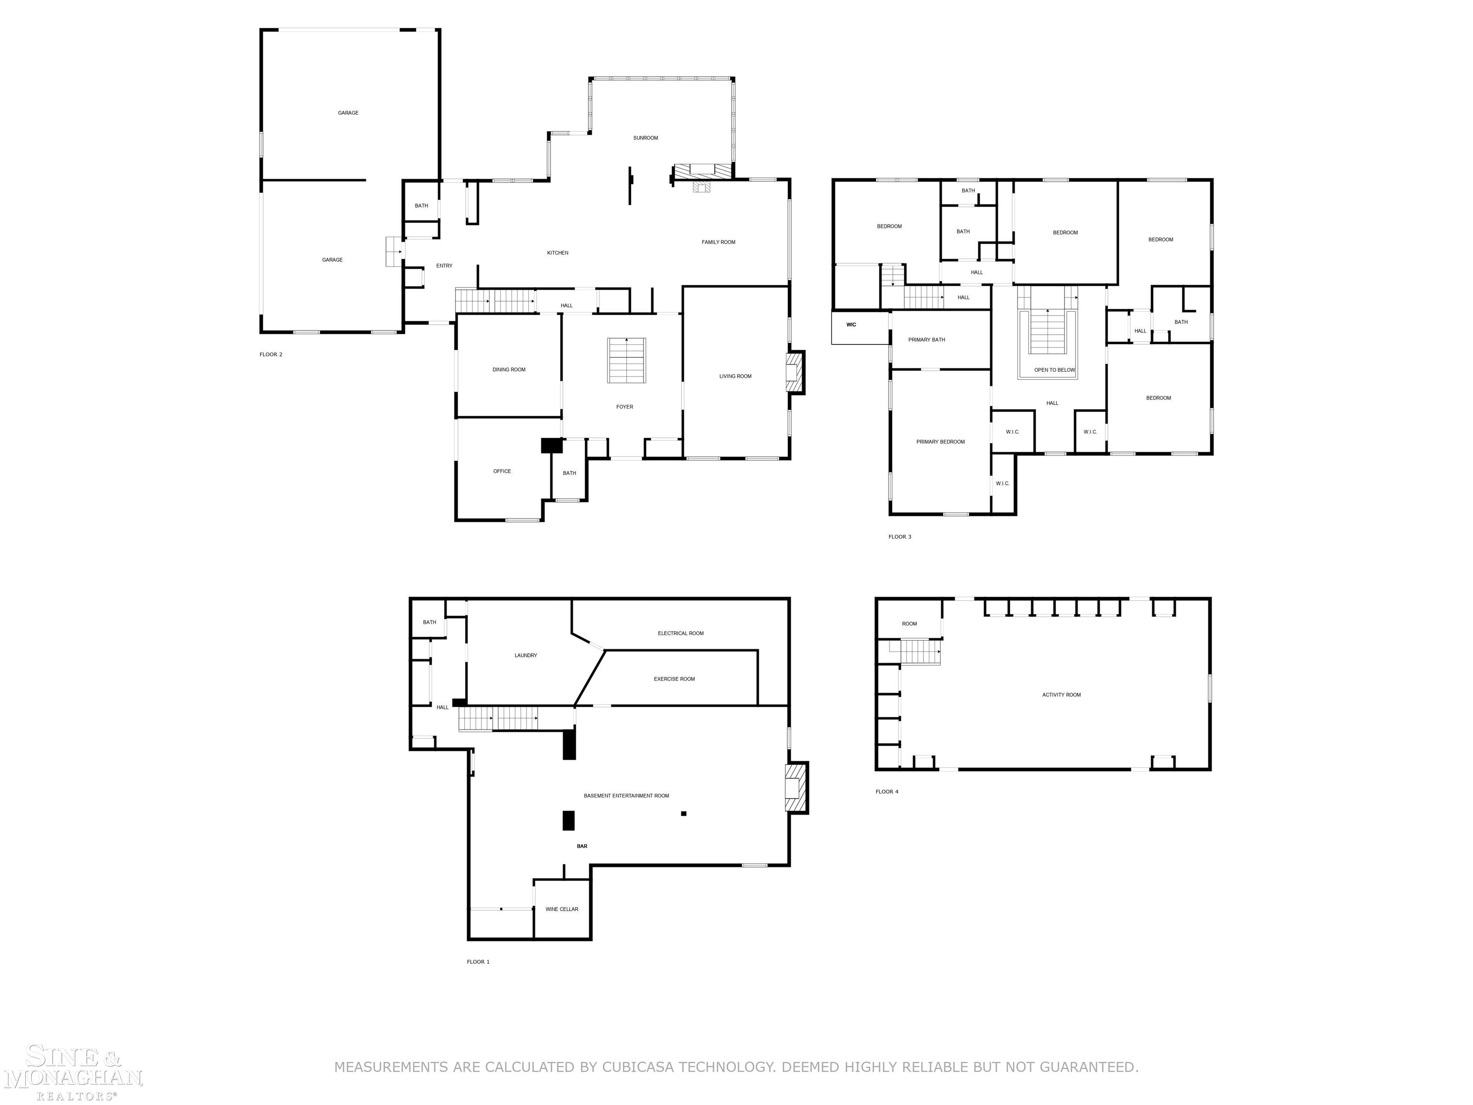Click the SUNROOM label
pyautogui.click(x=645, y=138)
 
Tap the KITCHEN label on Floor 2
pyautogui.click(x=557, y=253)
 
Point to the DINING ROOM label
pyautogui.click(x=509, y=370)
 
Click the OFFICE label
pyautogui.click(x=502, y=471)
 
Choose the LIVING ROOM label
pyautogui.click(x=735, y=376)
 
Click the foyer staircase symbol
pyautogui.click(x=626, y=360)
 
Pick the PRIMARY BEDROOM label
pyautogui.click(x=940, y=442)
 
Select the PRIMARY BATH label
pyautogui.click(x=926, y=340)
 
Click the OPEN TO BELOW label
pyautogui.click(x=1054, y=370)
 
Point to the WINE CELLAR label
pyautogui.click(x=561, y=909)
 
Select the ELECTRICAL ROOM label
pyautogui.click(x=680, y=634)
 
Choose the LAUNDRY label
pyautogui.click(x=526, y=656)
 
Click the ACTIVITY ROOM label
pyautogui.click(x=1062, y=695)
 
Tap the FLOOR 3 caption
pyautogui.click(x=900, y=537)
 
